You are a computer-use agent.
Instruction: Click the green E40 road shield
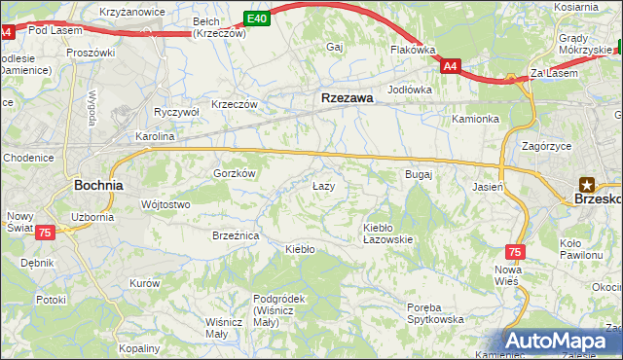click(257, 18)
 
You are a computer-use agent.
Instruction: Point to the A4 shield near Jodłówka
click(449, 66)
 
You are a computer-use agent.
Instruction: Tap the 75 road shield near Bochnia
click(44, 233)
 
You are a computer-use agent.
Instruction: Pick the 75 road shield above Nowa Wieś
click(515, 251)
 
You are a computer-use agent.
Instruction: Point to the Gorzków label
click(234, 172)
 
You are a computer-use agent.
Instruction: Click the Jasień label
click(487, 186)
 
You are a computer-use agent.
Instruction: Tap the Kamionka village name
click(475, 119)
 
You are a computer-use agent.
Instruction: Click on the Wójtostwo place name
click(165, 204)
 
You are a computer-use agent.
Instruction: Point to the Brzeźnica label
click(236, 235)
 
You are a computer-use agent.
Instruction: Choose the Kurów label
click(144, 282)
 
